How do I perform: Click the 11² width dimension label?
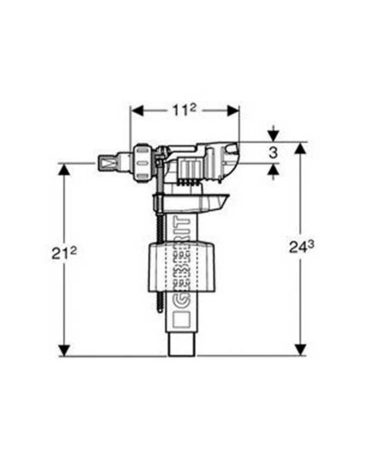pos(184,110)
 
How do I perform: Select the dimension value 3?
pos(274,153)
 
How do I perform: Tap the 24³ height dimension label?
pos(302,246)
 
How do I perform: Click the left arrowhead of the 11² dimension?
pos(137,110)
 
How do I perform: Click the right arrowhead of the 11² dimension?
pos(233,110)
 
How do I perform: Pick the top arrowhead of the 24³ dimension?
pos(300,148)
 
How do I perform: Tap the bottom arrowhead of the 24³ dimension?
pos(300,350)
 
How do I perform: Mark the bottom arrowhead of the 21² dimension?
pos(64,350)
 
